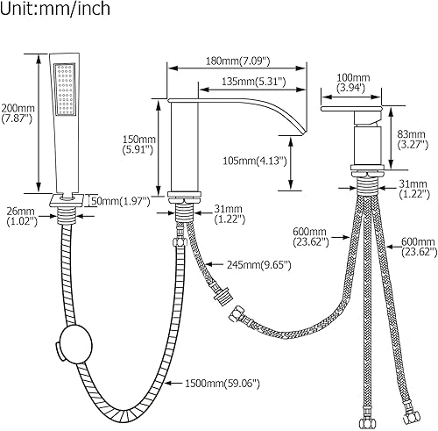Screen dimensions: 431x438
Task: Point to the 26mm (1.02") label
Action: [19, 216]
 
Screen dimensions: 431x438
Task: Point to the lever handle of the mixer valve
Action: [354, 111]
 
